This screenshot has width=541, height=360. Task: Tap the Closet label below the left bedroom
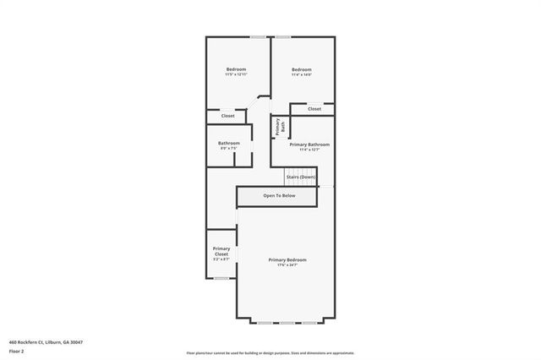pos(228,116)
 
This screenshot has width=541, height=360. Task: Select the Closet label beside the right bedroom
pos(314,109)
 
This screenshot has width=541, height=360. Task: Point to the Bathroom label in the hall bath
pos(229,143)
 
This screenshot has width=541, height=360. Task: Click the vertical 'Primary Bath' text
pos(280,128)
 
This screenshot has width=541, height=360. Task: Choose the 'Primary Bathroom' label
pos(309,145)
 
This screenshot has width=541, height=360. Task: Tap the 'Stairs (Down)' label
pos(301,177)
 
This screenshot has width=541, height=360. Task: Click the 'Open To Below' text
pos(279,196)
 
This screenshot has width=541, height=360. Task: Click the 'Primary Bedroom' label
pos(287,259)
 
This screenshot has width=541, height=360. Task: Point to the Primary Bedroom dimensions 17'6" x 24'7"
pos(287,265)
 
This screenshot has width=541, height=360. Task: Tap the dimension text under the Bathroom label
pos(229,149)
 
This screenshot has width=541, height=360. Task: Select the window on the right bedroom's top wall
pos(282,36)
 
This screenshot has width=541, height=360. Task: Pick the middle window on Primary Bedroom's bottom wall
pos(287,323)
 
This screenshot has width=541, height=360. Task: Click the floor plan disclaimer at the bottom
pos(270,353)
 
